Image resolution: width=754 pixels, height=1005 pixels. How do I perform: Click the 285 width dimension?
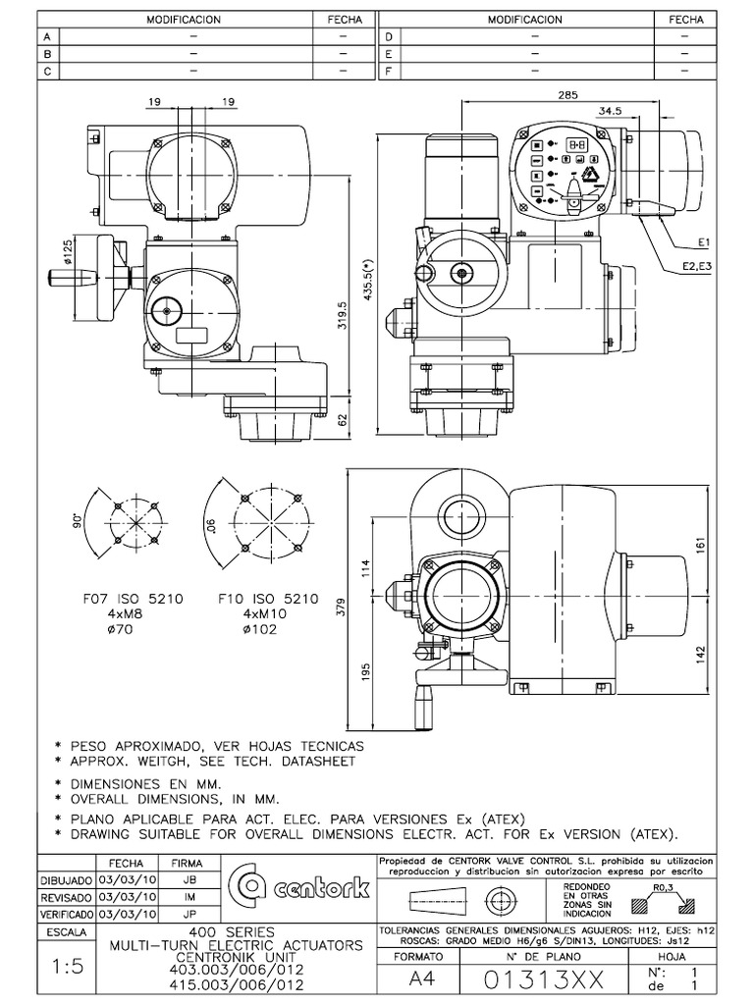tap(566, 95)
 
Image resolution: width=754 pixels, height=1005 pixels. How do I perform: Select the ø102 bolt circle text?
tap(256, 629)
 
